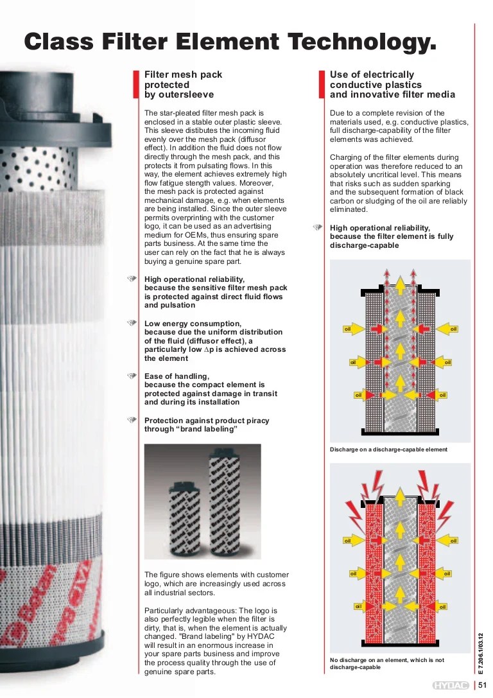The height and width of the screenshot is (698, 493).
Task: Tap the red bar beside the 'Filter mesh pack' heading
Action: click(135, 84)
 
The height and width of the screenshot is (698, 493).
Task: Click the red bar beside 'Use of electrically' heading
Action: click(322, 84)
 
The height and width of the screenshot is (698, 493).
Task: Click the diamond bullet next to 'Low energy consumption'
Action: click(133, 323)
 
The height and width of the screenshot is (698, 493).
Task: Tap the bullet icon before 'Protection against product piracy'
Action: click(133, 421)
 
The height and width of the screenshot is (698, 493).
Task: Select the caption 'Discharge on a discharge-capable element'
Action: click(388, 449)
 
